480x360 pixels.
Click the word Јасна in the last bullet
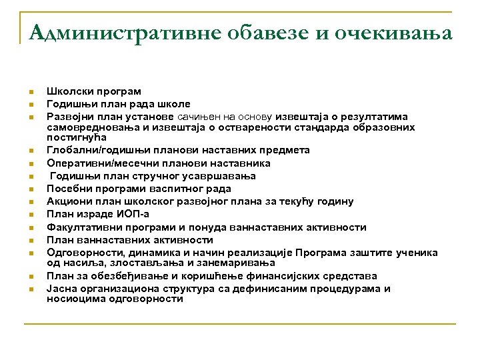61,289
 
